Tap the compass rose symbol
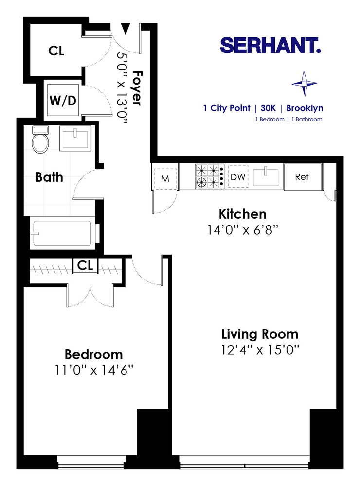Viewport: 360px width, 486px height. coord(304,83)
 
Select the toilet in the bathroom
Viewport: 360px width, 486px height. coord(39,139)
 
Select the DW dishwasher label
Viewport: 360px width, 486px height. coord(238,177)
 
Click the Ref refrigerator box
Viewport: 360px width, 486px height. coord(302,177)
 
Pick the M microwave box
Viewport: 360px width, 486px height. coord(165,178)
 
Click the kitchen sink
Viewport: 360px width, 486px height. coord(266,176)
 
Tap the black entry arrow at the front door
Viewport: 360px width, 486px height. coord(126,29)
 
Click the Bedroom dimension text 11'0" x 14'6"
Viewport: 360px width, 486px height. coord(93,370)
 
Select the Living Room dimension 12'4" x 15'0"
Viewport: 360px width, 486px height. coord(259,349)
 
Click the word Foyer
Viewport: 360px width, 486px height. coord(138,88)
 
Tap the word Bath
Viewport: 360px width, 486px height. coord(49,177)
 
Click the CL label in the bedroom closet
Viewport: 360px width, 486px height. coord(85,266)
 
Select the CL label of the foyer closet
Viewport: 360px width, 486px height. coord(56,51)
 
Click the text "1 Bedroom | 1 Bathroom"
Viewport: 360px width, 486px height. coord(288,119)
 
